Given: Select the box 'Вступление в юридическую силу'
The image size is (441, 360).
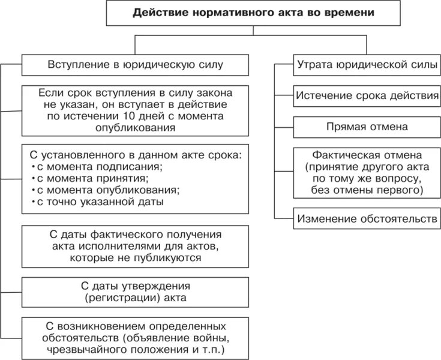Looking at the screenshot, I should point(134,65).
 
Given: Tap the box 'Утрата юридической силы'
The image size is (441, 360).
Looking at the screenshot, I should point(365,65).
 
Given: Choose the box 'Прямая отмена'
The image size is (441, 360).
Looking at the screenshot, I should point(365,127).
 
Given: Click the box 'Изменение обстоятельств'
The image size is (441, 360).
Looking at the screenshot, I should point(365,219).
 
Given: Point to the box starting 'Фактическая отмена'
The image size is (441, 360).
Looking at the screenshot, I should point(365,172).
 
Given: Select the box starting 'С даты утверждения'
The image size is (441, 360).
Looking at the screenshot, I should point(134,291).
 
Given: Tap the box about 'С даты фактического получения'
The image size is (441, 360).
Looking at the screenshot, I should point(134,247).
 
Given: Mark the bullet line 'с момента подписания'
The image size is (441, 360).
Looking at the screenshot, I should point(100,166).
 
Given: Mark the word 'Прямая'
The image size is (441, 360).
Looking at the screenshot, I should point(346,127).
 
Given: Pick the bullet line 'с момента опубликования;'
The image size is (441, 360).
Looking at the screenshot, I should point(107,190).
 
